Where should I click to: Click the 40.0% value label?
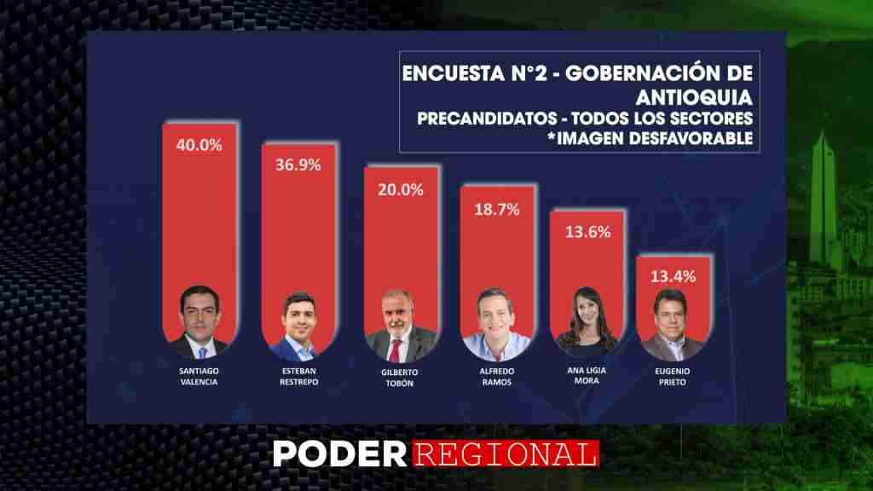(199, 145)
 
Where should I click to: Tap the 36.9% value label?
(298, 165)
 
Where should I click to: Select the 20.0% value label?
(401, 190)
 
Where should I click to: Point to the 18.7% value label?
(497, 210)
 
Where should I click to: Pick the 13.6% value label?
(588, 232)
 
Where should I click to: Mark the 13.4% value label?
(674, 277)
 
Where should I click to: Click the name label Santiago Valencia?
(199, 376)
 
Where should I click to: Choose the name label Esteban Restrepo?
(299, 376)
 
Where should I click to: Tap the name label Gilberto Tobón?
(400, 378)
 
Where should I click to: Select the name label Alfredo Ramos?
(497, 376)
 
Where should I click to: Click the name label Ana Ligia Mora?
(587, 375)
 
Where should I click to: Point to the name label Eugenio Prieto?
(673, 376)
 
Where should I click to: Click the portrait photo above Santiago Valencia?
(199, 322)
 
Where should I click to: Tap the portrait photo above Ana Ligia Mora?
(587, 321)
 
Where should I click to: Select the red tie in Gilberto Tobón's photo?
(395, 350)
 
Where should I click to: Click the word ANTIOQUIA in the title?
(694, 97)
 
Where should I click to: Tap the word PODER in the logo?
(340, 454)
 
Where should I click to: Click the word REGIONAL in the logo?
(506, 454)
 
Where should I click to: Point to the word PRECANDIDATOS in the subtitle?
(487, 118)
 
